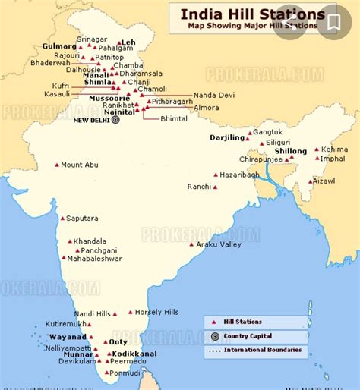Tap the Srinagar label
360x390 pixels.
(93, 39)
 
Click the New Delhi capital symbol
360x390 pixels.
(115, 119)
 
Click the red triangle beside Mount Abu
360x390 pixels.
(56, 165)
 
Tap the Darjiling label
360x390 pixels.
(228, 137)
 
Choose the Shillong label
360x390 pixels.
(290, 152)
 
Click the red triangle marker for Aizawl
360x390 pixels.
(311, 181)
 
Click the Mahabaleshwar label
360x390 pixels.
(94, 259)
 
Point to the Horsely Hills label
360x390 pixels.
(158, 312)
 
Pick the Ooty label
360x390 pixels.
(118, 342)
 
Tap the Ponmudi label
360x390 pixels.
(125, 373)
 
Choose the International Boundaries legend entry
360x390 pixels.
(262, 350)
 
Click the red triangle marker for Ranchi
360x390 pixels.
(215, 186)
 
